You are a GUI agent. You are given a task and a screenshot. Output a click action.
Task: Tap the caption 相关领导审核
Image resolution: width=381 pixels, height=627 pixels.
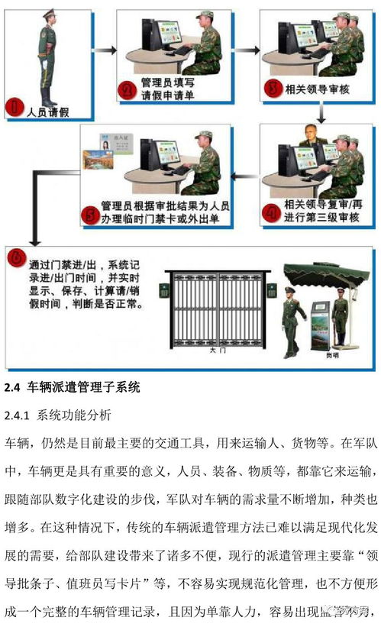click(316, 91)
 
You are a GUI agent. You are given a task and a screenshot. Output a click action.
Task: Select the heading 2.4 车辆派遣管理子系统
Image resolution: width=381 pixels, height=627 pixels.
click(73, 387)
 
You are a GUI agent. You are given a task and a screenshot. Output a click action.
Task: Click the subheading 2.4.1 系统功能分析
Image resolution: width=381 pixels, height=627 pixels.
click(58, 416)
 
